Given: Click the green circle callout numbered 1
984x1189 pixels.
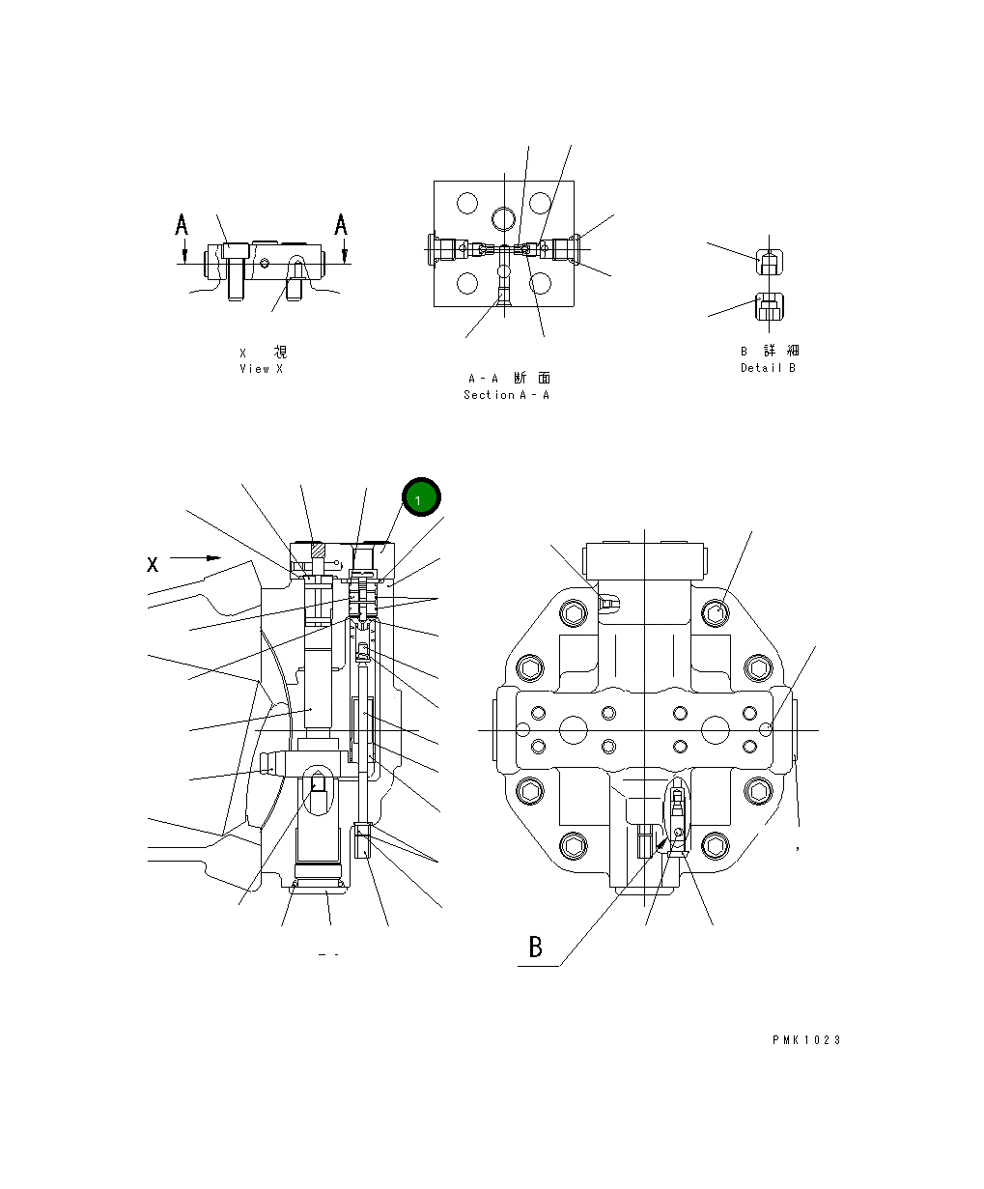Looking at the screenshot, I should point(421,497).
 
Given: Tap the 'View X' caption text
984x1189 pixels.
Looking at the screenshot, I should point(262,369).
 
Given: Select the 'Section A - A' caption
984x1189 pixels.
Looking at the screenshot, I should point(506,395).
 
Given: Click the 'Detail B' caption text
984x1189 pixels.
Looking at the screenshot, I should point(769,368).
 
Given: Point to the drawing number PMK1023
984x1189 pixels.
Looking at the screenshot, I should point(806,1040).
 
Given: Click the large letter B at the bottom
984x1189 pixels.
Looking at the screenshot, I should point(536,948).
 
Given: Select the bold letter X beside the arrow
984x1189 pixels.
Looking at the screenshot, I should point(153,564).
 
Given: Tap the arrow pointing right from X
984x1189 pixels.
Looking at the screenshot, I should point(196,557).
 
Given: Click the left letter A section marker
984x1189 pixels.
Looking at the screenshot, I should point(182,226).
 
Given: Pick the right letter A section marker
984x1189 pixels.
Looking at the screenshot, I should point(341,225).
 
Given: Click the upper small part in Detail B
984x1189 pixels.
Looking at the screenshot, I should point(768,262).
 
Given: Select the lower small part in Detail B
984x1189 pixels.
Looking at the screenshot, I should point(769,307).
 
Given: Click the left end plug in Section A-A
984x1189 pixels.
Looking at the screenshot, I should point(444,249).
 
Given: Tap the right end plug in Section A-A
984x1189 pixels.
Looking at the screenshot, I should point(564,249).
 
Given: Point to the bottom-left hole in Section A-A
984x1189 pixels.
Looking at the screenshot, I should point(468,283).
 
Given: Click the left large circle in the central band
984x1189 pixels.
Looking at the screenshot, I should point(573,727).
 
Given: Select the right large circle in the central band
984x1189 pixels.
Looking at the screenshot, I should point(716,727).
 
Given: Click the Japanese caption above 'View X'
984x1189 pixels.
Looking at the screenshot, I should point(263,353).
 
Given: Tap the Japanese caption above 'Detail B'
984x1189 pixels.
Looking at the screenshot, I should point(770,351).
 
